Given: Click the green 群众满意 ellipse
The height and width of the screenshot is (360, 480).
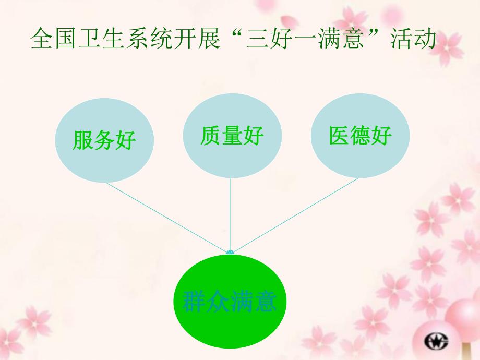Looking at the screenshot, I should (230, 301).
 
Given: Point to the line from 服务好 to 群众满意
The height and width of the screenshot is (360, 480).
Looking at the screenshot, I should (167, 218).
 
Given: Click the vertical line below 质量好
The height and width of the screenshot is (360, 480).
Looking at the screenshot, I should (230, 214).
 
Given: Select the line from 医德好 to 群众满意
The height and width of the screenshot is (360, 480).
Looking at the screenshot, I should (295, 216).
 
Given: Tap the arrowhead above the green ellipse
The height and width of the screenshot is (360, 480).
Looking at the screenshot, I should (230, 253).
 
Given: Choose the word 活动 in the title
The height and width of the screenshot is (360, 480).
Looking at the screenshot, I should (413, 40).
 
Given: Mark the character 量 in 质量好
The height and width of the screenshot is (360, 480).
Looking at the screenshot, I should (232, 136).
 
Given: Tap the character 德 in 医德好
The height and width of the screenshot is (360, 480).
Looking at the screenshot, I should (360, 136).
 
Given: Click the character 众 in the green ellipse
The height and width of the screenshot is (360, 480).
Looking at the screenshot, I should (218, 302).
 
